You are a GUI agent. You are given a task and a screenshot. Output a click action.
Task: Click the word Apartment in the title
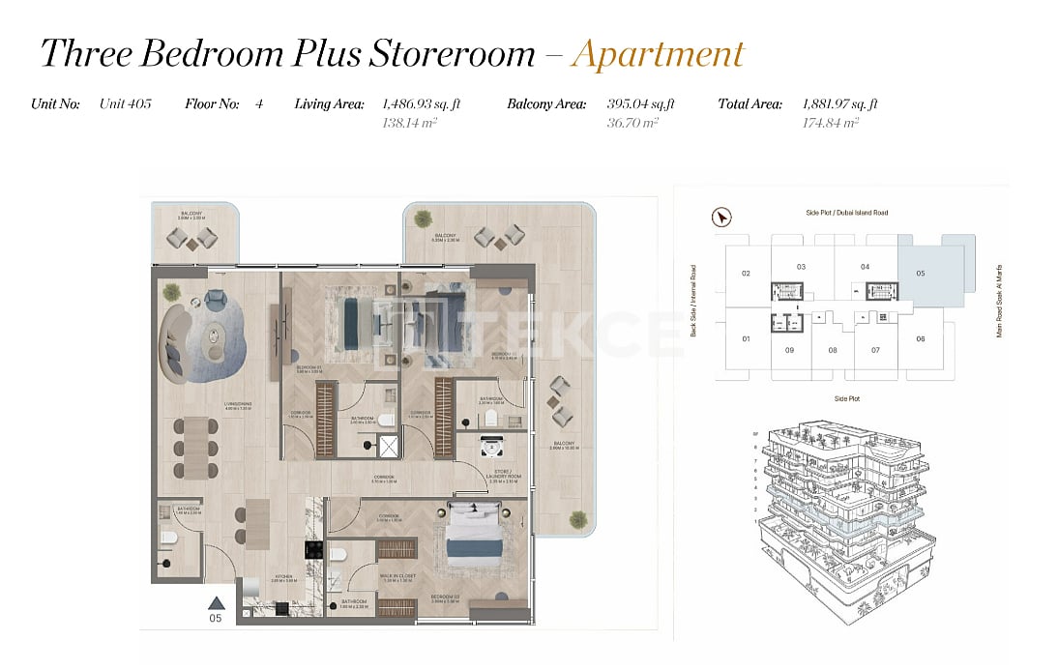click(658, 53)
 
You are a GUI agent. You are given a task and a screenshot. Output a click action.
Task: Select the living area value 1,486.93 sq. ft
click(420, 103)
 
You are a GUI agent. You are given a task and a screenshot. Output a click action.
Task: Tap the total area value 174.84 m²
click(831, 123)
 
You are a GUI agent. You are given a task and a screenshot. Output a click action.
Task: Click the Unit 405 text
click(125, 103)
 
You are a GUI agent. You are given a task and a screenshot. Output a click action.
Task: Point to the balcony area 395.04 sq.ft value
click(640, 103)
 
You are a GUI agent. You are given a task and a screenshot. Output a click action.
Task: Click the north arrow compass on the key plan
click(721, 218)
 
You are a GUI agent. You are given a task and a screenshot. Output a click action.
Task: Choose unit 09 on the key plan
click(789, 350)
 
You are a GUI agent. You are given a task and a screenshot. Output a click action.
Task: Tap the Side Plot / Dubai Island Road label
click(846, 212)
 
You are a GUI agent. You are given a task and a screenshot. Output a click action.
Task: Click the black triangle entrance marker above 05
click(217, 602)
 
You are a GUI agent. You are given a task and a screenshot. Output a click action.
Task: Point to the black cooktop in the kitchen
click(313, 549)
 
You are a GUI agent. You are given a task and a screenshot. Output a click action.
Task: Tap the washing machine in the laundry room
click(490, 448)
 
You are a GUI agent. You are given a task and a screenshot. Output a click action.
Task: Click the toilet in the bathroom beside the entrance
click(166, 538)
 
